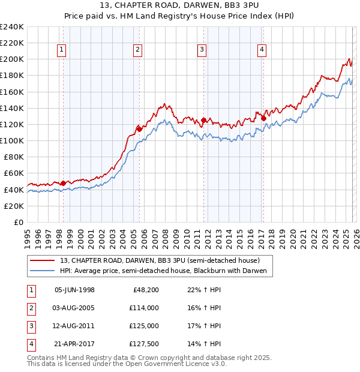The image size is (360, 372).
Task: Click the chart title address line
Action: tap(179, 6)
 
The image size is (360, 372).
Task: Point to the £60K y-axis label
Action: tap(13, 173)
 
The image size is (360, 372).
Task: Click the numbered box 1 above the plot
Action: tap(62, 50)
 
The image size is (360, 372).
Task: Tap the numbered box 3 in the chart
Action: tap(202, 50)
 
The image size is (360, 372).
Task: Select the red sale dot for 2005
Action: tap(139, 128)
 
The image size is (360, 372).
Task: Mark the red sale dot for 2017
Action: tap(263, 118)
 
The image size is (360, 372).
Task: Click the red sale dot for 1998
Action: tap(64, 182)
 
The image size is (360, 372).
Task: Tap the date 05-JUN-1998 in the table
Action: tap(74, 290)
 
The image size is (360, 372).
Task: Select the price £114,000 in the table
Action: tap(145, 308)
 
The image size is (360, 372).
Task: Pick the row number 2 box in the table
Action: tap(31, 308)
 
